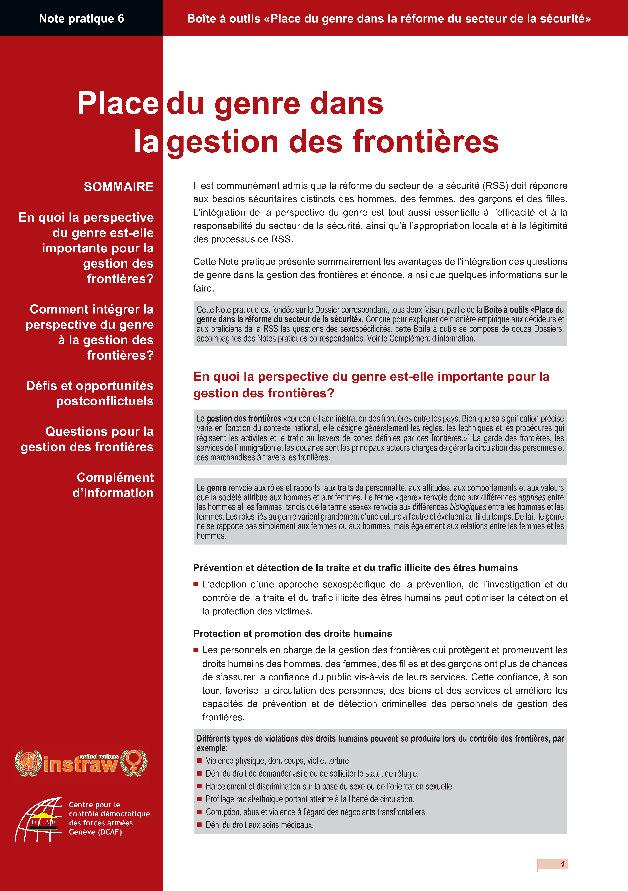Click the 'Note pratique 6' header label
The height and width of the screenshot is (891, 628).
pos(81,19)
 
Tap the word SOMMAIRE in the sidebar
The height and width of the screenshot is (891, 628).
pos(119,187)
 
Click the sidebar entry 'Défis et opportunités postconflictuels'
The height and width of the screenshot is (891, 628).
pos(90,393)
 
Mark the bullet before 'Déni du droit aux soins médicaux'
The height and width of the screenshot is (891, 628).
pos(199,825)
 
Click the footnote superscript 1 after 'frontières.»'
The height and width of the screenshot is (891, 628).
pos(469,436)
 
